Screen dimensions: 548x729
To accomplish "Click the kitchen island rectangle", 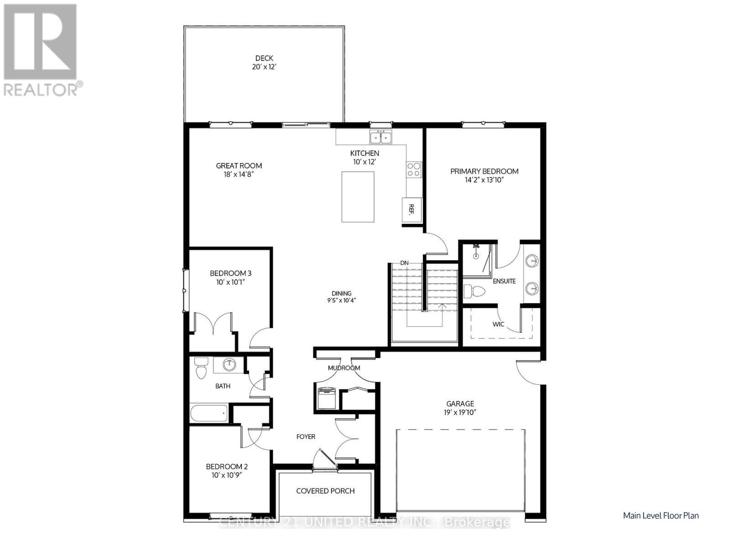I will coord(358,197).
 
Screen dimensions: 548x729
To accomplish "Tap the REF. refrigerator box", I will coord(411,210).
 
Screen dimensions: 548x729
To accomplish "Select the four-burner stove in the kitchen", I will coord(414,169).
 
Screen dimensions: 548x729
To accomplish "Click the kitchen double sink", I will coord(381,137).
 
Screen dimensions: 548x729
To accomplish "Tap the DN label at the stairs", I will coord(404,263).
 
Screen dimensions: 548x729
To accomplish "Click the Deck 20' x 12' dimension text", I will coord(264,67).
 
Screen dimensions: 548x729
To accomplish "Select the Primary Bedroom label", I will coord(484,171).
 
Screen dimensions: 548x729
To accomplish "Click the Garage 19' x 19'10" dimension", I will coord(460,412).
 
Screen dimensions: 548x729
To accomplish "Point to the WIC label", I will coord(498,324).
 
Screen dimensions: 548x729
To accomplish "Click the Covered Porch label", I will coord(325,491).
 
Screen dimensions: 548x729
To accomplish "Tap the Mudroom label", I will coord(344,368).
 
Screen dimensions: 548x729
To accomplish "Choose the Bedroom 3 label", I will coord(230,273).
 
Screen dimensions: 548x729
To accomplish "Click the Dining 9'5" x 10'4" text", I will coord(341,300).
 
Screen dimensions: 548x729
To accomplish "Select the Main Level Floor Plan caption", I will coord(661,516).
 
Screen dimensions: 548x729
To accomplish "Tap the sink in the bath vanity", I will coord(229,364).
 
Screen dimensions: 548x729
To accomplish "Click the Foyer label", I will coord(306,437).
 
